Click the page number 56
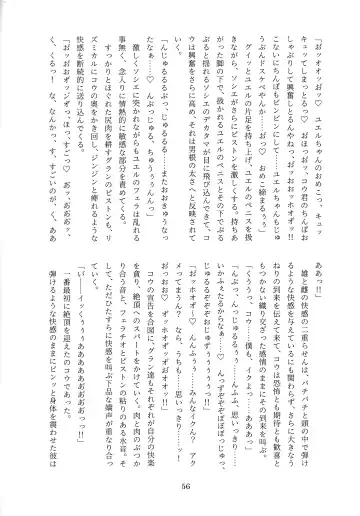[180, 489]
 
